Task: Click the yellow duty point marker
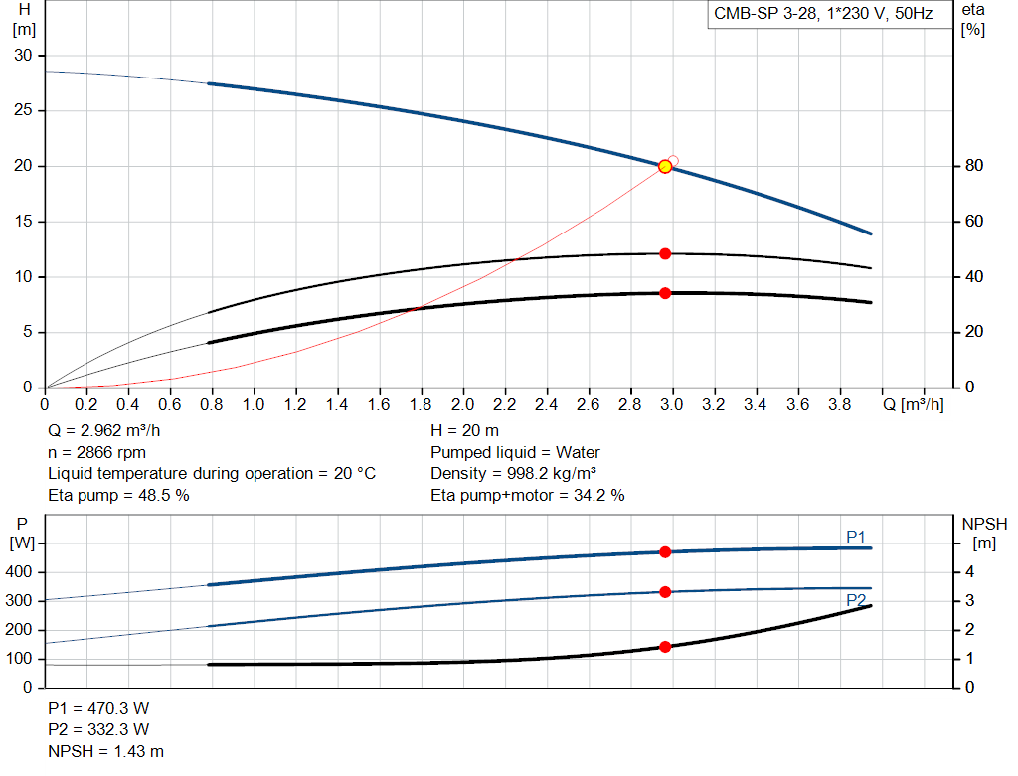(665, 167)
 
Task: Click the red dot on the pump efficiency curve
(665, 253)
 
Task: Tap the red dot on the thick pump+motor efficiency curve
(665, 293)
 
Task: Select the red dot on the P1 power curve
(665, 552)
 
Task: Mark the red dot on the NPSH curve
(665, 647)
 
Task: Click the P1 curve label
(856, 537)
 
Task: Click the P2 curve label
(856, 600)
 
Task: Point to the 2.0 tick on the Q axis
(463, 404)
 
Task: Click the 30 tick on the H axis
(23, 56)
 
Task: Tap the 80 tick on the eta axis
(974, 166)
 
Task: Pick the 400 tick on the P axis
(18, 572)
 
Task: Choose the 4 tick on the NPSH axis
(969, 572)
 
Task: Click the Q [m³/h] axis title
(914, 404)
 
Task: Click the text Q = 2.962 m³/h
(103, 431)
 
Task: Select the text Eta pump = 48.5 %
(119, 496)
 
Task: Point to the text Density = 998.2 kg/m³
(514, 474)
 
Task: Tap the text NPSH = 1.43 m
(105, 751)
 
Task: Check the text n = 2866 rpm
(96, 452)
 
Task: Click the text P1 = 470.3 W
(98, 708)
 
